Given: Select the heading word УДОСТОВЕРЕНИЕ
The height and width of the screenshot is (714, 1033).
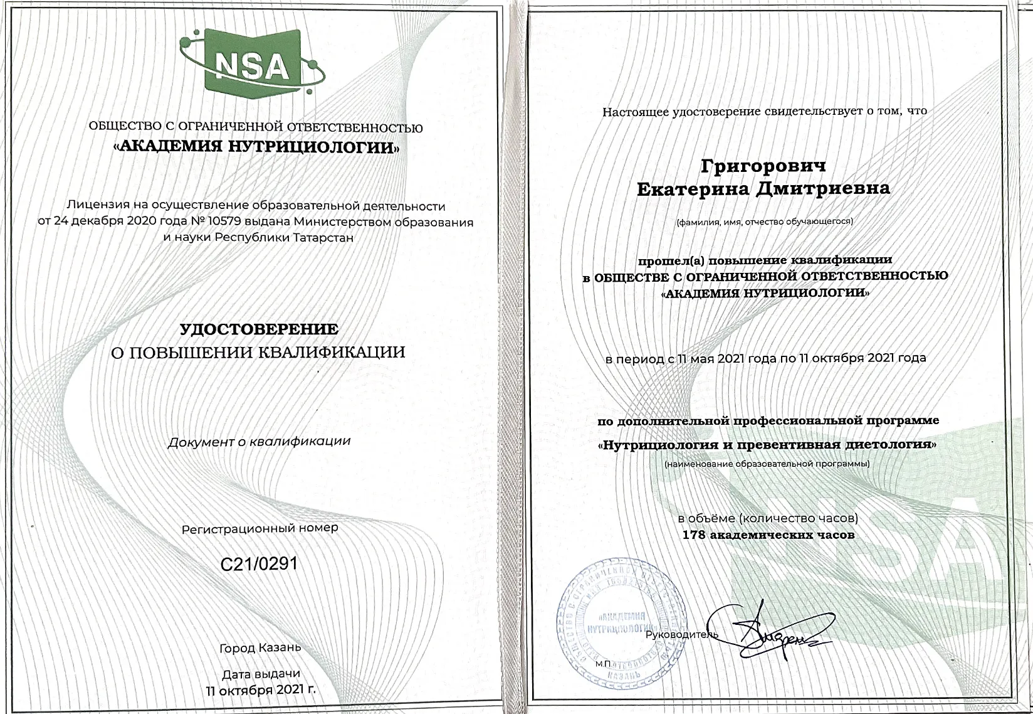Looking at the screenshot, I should [x=259, y=329].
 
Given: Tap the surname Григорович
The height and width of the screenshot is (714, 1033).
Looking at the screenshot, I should [x=763, y=166].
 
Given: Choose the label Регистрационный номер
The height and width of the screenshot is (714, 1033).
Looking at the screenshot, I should [x=260, y=528].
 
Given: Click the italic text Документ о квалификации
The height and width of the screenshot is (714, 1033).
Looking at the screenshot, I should [x=259, y=441].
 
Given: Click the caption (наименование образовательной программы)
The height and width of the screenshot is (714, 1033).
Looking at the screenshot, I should [x=767, y=464].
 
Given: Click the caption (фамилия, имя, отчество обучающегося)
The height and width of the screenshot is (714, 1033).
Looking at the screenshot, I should [x=763, y=221].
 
